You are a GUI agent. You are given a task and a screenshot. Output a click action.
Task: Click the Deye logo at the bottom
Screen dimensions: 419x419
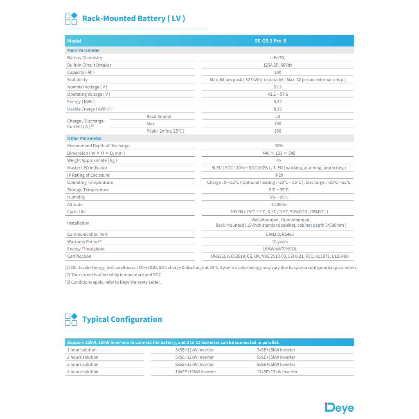[339, 408]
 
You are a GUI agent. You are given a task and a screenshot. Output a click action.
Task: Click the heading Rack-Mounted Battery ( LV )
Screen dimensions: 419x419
[133, 18]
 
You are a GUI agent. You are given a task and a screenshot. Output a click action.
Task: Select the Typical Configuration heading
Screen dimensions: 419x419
[122, 320]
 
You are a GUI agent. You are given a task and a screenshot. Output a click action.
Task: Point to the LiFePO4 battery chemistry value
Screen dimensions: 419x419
[278, 58]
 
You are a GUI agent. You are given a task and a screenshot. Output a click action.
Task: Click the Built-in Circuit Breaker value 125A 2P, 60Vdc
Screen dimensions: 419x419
[278, 65]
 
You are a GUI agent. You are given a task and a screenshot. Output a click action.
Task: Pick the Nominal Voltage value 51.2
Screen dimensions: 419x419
[278, 87]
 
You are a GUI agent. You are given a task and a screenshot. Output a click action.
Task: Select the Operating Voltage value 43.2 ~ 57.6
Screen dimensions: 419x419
[278, 95]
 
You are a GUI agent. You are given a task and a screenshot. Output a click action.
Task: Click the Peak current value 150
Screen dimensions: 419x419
[278, 131]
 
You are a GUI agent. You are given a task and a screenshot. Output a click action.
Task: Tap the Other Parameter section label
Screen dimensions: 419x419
[84, 138]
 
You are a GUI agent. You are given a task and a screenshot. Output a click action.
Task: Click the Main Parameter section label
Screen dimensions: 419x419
[83, 50]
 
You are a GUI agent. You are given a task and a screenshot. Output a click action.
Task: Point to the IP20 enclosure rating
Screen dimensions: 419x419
[278, 175]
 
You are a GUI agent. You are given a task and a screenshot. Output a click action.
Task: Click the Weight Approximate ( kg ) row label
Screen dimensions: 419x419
[92, 160]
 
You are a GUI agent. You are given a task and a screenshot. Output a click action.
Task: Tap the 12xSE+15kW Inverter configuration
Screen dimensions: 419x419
[277, 372]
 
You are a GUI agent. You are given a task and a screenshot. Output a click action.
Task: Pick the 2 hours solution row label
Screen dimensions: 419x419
[83, 357]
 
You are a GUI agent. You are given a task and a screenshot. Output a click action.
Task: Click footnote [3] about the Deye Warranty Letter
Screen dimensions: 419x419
[113, 282]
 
